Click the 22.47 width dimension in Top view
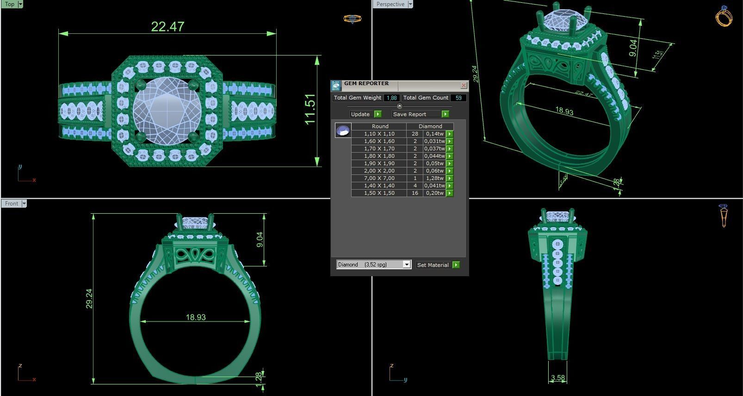coord(167,26)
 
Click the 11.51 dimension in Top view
coord(310,109)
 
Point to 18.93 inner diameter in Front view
coord(196,317)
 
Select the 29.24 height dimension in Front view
coord(89,298)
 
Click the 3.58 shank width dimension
coord(558,378)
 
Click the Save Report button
coord(420,114)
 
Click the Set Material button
coord(437,265)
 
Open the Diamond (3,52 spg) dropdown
coord(406,265)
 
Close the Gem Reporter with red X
coord(464,86)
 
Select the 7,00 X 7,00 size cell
coord(379,178)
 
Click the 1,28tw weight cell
coord(434,178)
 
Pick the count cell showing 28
coord(415,134)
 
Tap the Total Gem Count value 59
coord(458,98)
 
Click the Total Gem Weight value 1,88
coord(391,98)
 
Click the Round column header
coord(380,126)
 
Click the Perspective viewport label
coord(390,4)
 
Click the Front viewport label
coord(12,204)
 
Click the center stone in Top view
coord(167,111)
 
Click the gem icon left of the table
coord(343,130)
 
